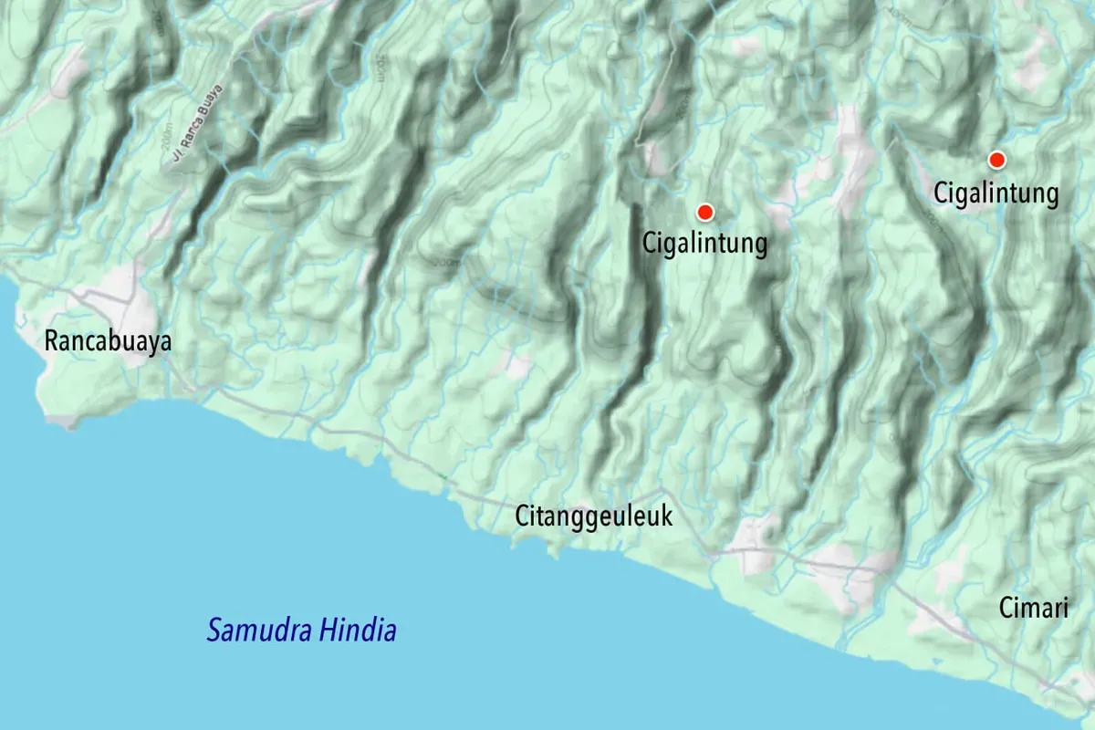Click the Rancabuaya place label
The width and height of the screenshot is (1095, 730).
tap(108, 342)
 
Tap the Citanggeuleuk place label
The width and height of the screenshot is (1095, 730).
tap(594, 516)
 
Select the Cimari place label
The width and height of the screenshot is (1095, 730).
tap(1033, 608)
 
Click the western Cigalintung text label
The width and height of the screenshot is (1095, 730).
tap(704, 245)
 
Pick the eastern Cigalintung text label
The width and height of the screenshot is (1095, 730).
tap(996, 193)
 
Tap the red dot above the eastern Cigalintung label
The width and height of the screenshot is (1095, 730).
tap(997, 161)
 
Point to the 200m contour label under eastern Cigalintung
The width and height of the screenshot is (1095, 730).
tap(931, 219)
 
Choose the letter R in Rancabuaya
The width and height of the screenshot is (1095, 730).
tap(51, 342)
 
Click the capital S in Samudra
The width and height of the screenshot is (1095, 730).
tap(214, 631)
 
